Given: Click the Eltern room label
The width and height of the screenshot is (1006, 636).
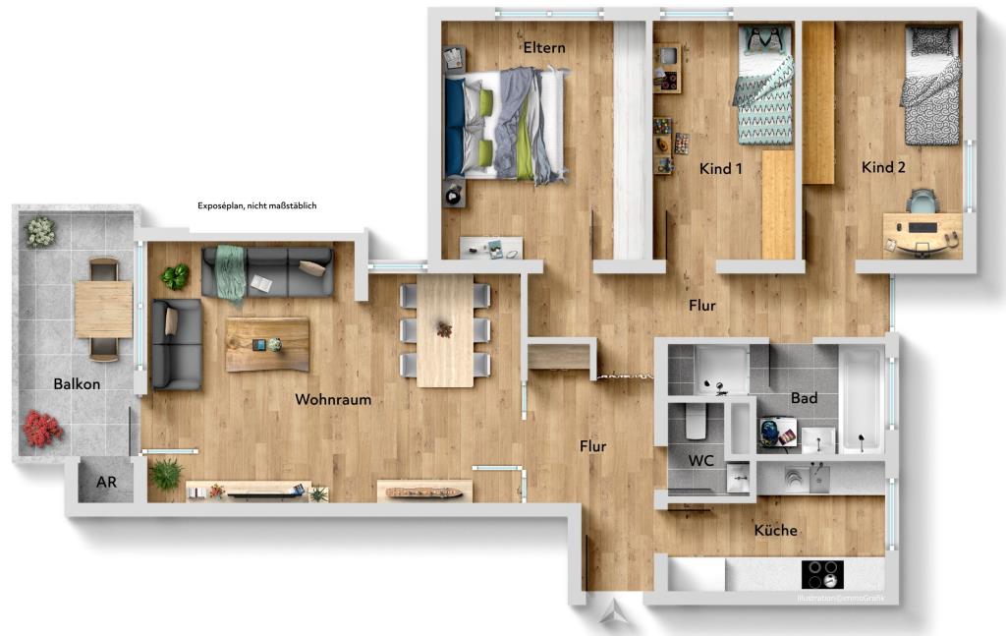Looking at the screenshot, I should tap(542, 47).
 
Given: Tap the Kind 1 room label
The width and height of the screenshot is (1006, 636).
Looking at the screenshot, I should tap(720, 168).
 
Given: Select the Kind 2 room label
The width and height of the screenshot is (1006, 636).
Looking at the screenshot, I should tap(883, 167).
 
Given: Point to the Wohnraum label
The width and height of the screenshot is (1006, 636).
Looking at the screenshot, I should tap(333, 399).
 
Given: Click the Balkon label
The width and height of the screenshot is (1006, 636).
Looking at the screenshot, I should tap(78, 384).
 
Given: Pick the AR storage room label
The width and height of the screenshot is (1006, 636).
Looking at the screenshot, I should tap(106, 483).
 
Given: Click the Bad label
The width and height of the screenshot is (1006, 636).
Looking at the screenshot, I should tap(805, 398).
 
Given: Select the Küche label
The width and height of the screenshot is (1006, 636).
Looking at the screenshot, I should tap(775, 530).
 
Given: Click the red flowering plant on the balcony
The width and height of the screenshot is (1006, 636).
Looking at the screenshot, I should tap(42, 429).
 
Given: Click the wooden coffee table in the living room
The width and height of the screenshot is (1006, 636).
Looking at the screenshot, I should tap(267, 344).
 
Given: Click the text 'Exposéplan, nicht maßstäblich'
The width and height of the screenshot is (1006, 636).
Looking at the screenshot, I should tap(256, 205).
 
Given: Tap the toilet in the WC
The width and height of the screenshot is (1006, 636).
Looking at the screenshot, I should tap(695, 423).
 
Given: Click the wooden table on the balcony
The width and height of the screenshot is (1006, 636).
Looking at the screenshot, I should tap(103, 308).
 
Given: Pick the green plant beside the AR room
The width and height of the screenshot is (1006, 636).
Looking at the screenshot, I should tap(166, 475).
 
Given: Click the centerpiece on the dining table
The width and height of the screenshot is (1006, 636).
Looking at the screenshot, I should tap(445, 328).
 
